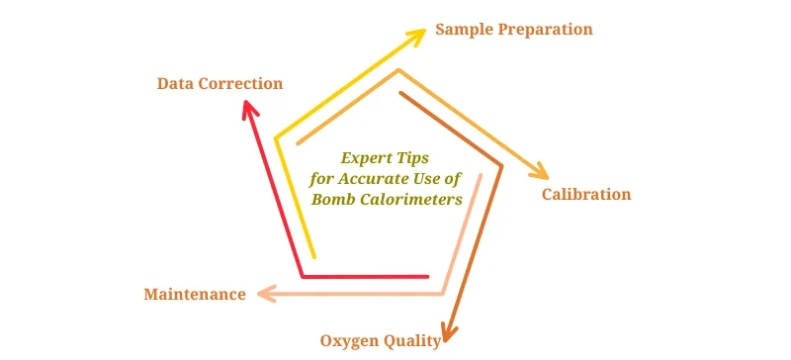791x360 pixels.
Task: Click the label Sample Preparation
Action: click(x=514, y=30)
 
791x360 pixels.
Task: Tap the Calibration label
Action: click(x=586, y=194)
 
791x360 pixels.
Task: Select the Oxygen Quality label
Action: click(x=381, y=341)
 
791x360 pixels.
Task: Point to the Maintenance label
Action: click(x=195, y=295)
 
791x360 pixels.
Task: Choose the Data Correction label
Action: click(x=220, y=84)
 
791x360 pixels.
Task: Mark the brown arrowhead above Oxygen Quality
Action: click(x=450, y=329)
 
